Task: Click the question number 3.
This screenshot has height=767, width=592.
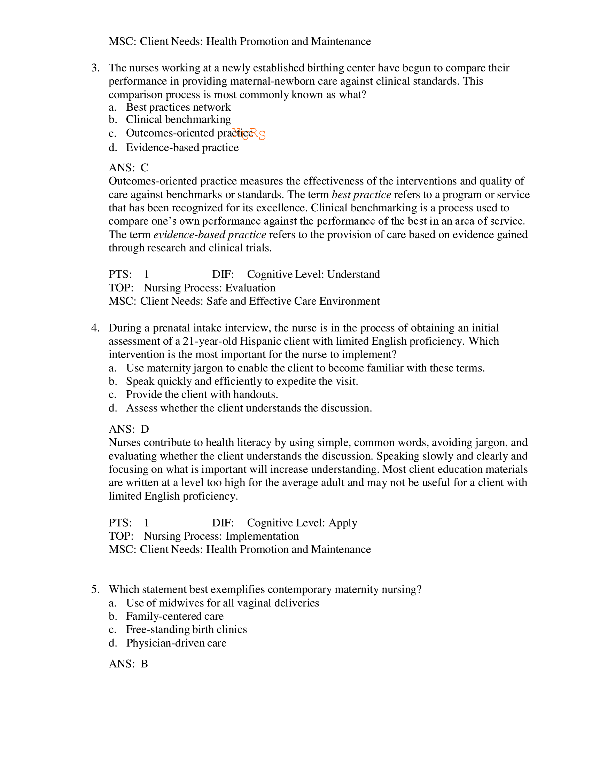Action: tap(95, 68)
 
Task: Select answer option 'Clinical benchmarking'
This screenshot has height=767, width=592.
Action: tap(178, 119)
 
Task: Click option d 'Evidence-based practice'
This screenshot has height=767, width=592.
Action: tap(182, 148)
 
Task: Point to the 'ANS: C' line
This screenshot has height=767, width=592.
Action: tap(128, 167)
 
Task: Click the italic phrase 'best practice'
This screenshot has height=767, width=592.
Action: tap(361, 195)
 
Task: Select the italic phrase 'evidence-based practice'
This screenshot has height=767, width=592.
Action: tap(210, 235)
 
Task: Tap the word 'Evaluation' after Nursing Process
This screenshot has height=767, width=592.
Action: tap(250, 288)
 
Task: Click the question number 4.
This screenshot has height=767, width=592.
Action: tap(95, 328)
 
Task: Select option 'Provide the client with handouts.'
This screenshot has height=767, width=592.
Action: tap(202, 394)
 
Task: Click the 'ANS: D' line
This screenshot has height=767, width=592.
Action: tap(129, 429)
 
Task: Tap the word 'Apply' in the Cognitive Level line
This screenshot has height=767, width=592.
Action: tap(343, 523)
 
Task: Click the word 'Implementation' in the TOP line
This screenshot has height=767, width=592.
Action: tap(262, 536)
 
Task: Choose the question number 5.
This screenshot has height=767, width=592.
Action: tap(95, 589)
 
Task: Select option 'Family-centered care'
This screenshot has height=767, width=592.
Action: tap(174, 616)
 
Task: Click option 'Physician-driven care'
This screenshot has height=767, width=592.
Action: tap(176, 643)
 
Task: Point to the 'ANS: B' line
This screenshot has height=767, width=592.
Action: tap(128, 664)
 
